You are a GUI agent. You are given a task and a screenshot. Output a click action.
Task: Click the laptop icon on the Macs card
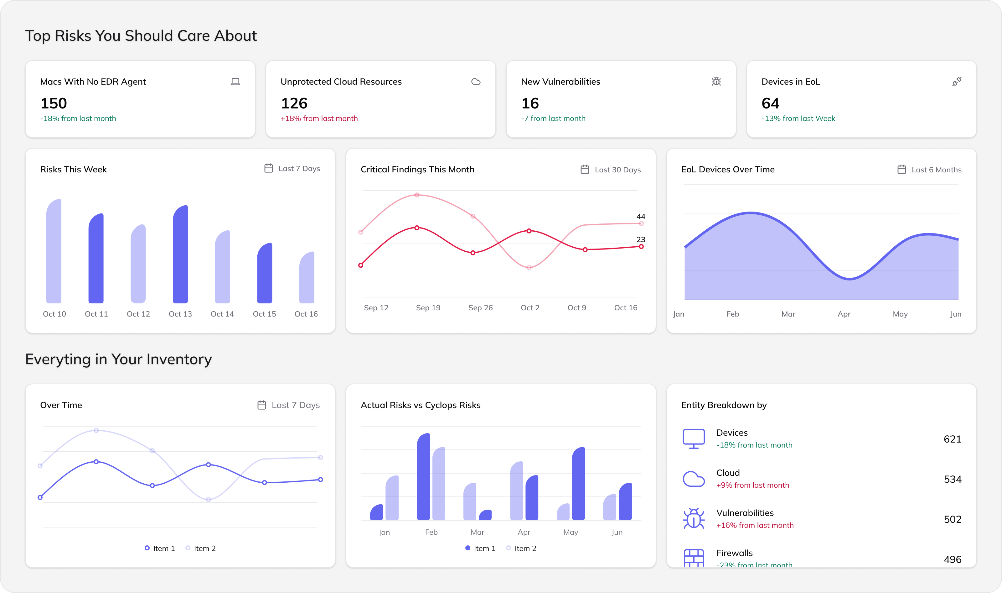(235, 82)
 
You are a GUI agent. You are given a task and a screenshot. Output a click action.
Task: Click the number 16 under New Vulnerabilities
(530, 103)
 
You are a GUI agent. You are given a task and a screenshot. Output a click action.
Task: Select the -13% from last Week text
(798, 119)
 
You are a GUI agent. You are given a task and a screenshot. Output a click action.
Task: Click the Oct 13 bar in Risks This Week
(180, 256)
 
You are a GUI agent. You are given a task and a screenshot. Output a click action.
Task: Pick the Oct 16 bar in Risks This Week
(307, 279)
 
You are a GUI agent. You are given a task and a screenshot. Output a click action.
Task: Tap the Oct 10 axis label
(54, 314)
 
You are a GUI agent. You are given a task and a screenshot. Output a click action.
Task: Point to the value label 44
(641, 216)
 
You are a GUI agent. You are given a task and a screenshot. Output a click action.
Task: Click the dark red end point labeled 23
(641, 247)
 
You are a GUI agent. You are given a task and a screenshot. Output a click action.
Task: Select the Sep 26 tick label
(480, 308)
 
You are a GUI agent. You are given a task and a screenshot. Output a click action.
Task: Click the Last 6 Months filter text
(936, 170)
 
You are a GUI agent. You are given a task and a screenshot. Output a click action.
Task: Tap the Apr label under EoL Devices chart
(844, 314)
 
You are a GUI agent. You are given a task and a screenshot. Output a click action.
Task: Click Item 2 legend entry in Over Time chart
(204, 548)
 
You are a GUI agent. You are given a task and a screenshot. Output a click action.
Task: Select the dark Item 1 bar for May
(578, 484)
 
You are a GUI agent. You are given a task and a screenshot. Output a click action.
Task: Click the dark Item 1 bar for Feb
(423, 478)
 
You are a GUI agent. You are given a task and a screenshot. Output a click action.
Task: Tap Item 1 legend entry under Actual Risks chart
(484, 548)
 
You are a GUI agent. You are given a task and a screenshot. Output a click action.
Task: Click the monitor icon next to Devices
(694, 438)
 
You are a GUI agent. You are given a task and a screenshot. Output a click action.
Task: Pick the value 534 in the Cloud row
(952, 479)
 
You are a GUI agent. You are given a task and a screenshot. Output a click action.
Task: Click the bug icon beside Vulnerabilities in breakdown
(694, 519)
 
